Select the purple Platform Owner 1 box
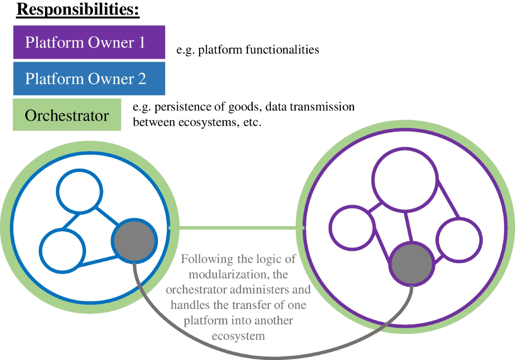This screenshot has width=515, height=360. [89, 42]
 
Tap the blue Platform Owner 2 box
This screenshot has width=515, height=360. [89, 79]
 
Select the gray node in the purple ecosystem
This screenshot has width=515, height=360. [411, 264]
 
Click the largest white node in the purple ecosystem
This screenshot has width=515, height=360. [405, 178]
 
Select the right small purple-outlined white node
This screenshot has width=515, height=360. [458, 239]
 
